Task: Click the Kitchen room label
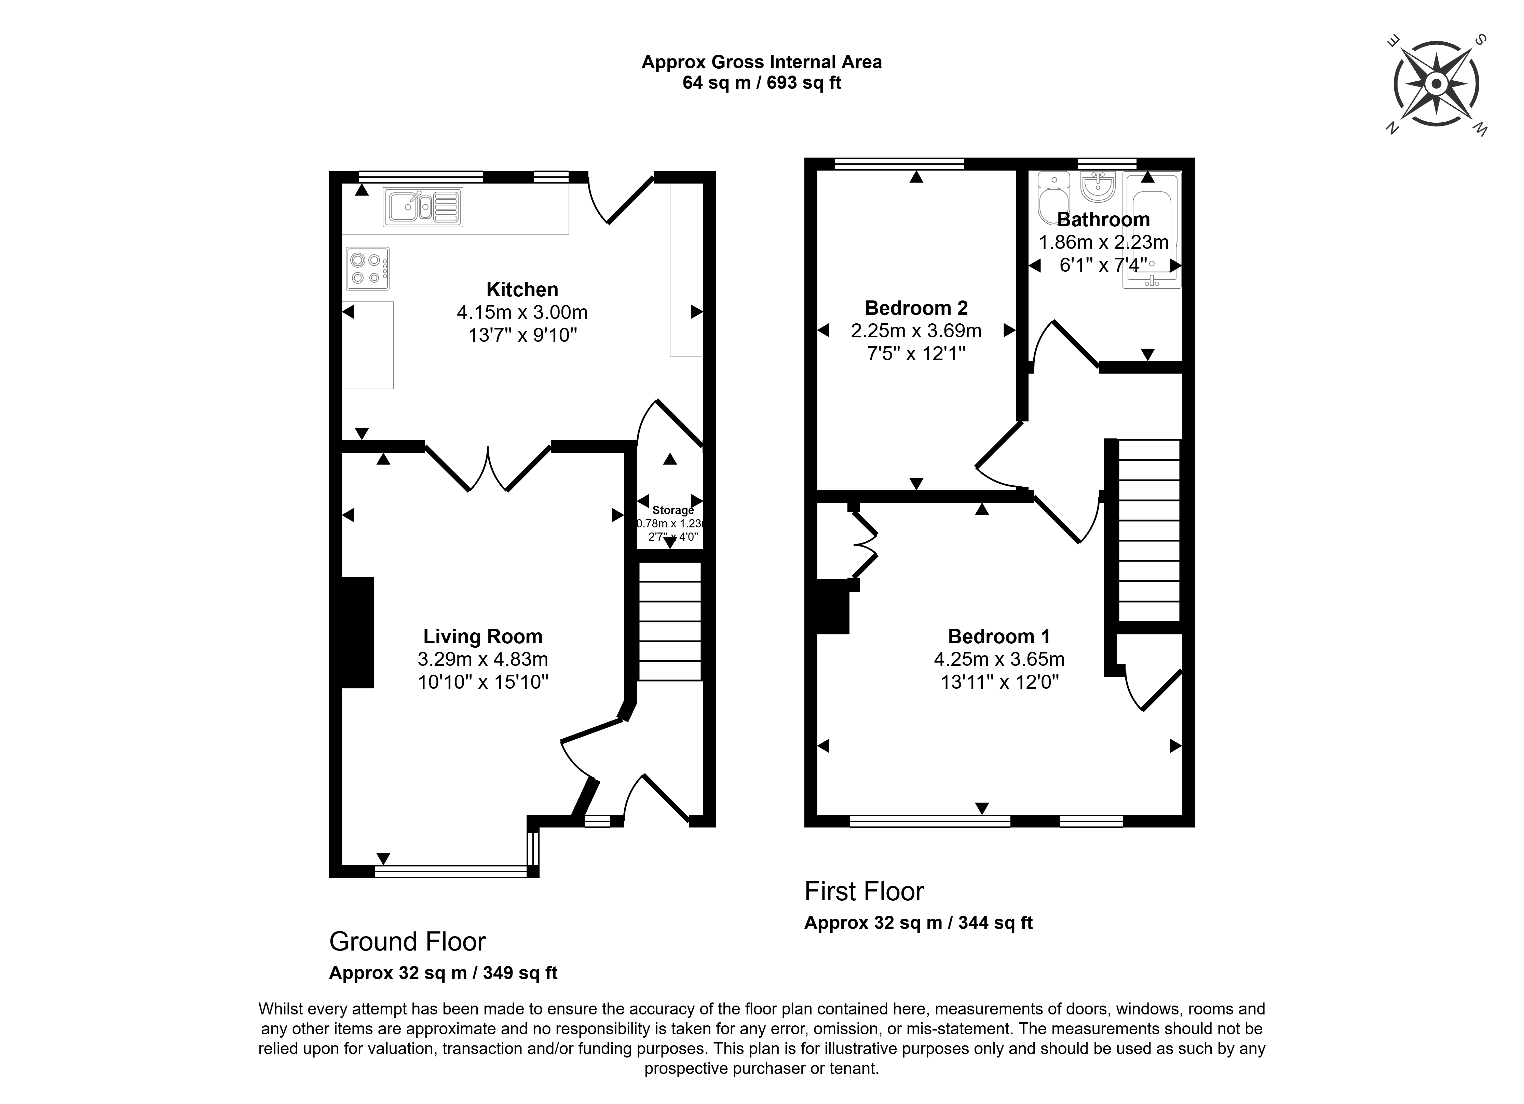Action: pos(522,290)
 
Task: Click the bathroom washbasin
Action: pos(1099,186)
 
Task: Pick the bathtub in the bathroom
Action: pos(1151,230)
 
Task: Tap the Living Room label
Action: pos(482,636)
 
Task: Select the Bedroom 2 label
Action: pos(916,308)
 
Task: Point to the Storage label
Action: pos(672,510)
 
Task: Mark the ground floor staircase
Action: pos(669,621)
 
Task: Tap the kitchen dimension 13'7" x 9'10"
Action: pos(522,335)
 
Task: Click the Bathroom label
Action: pos(1103,220)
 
